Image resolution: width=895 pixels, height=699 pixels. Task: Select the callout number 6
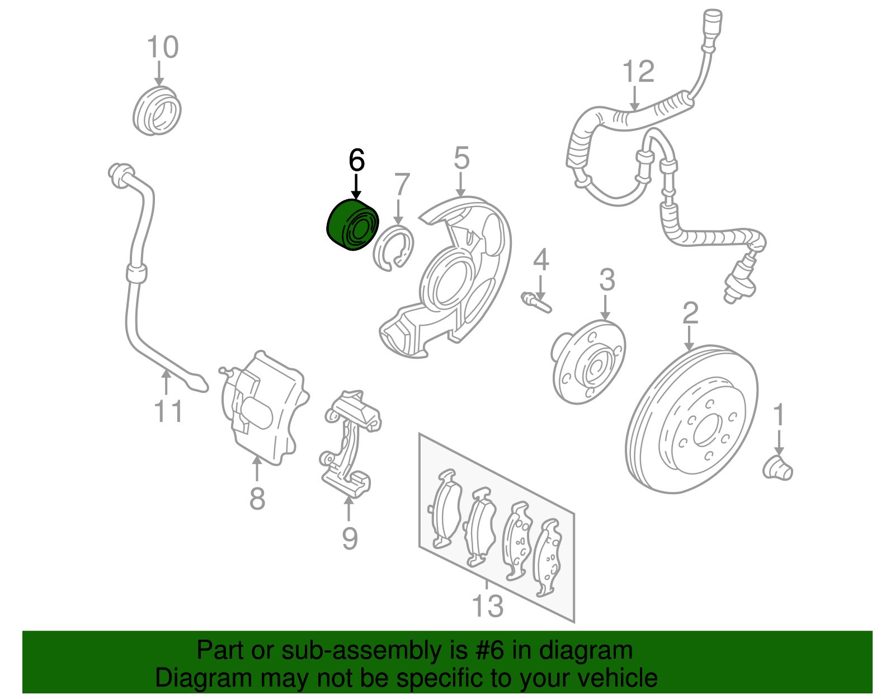coord(356,161)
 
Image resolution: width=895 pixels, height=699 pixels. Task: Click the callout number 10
coord(162,47)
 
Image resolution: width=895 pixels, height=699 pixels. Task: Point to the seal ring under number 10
coord(157,111)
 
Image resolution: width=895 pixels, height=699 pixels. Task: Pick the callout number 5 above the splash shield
coord(461,158)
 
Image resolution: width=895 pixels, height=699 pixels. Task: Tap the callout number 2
coord(690,313)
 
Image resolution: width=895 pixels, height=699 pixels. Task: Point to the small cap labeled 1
coord(778,468)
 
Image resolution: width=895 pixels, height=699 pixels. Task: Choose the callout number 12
coord(638,72)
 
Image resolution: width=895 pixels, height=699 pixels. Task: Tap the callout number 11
coord(168,412)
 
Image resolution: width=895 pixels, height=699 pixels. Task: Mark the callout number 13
coord(488,606)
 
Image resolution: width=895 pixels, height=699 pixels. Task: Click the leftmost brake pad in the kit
coord(446,509)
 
